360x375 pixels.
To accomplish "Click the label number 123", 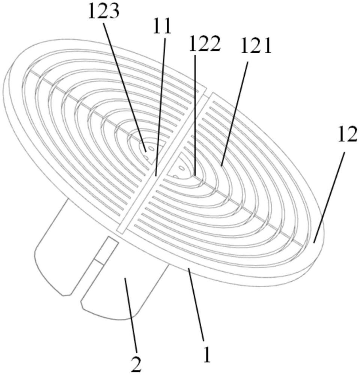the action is click(x=104, y=12).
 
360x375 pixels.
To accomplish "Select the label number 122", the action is click(x=204, y=44).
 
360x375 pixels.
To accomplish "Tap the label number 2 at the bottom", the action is click(x=136, y=364).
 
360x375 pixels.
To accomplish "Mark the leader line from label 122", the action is click(x=195, y=115).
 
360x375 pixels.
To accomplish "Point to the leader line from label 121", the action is click(x=235, y=113).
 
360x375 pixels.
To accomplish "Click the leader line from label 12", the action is click(x=329, y=198).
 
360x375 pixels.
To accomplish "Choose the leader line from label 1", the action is click(x=196, y=304).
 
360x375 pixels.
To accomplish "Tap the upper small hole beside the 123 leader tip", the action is click(x=152, y=148).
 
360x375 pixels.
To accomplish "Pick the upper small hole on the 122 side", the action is click(x=182, y=169).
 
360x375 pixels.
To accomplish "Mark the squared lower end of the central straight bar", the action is click(x=122, y=229).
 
